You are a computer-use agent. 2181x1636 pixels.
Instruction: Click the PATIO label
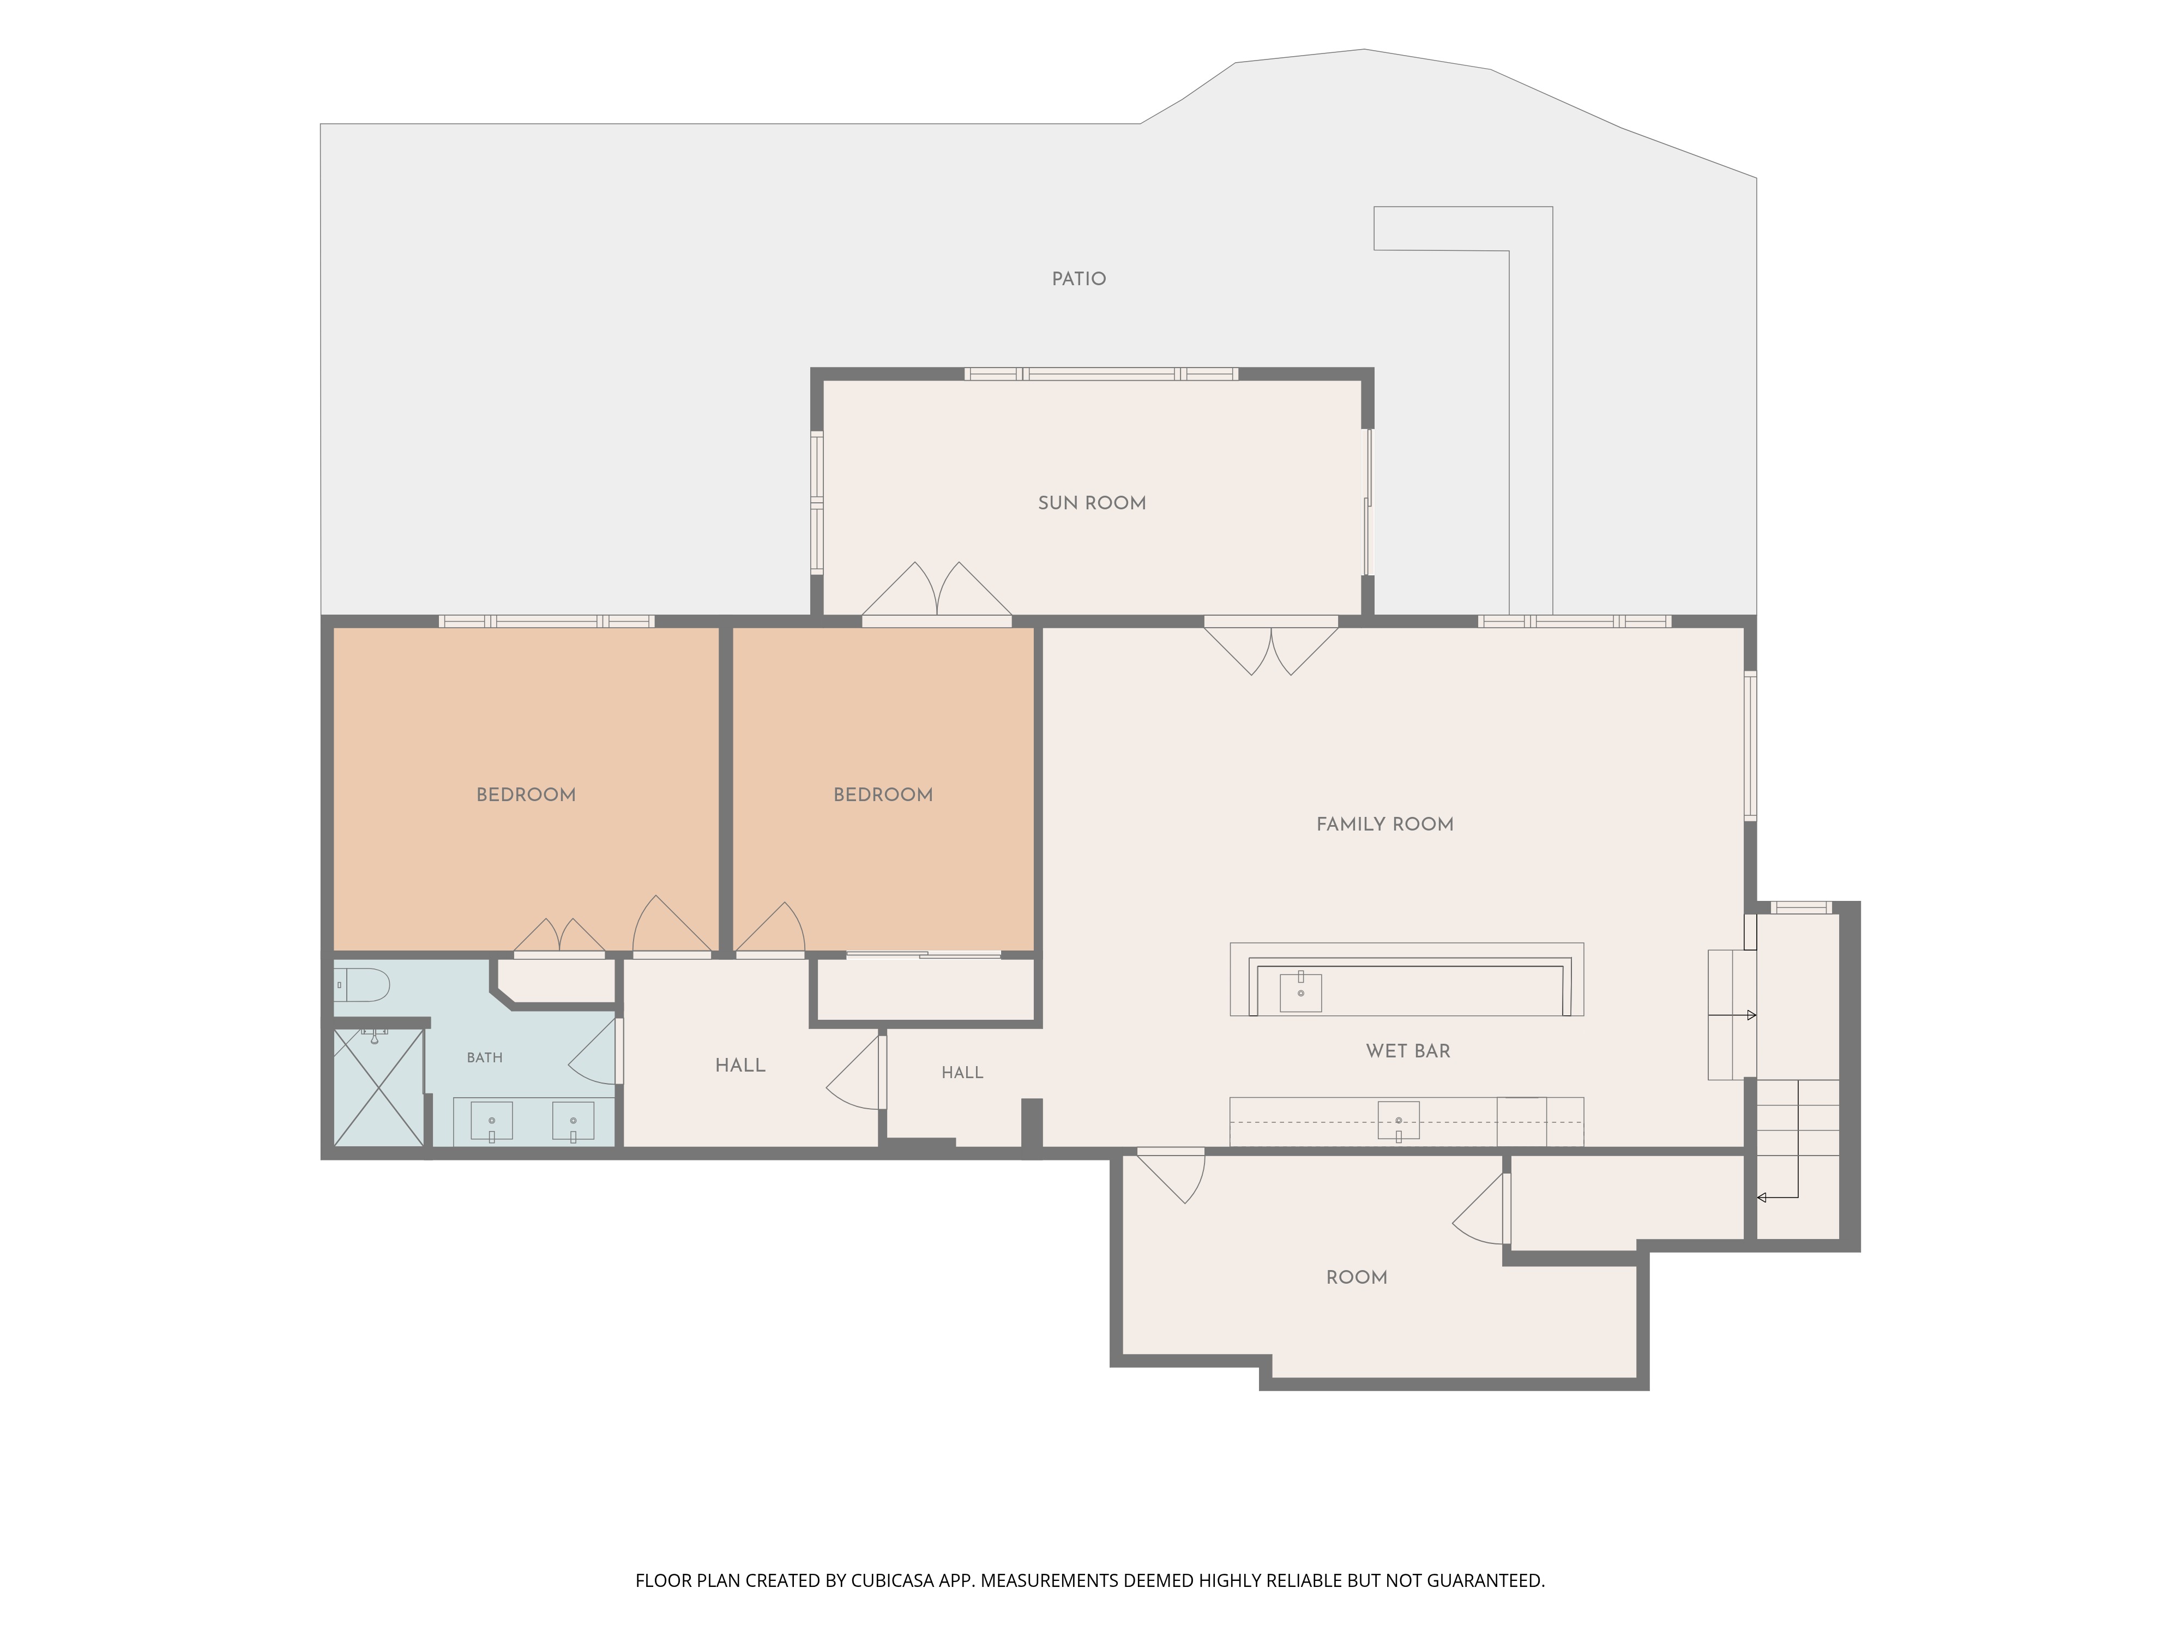point(1079,279)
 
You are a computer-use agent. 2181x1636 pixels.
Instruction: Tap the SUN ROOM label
point(1092,503)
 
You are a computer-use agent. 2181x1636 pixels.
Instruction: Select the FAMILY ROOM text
point(1384,825)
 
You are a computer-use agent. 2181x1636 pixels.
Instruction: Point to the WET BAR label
point(1408,1051)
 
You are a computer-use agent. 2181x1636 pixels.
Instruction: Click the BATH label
point(484,1058)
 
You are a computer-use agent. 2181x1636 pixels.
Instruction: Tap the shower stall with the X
point(378,1087)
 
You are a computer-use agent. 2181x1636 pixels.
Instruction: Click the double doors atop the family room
point(1271,647)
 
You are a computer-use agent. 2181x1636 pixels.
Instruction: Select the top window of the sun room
point(1100,374)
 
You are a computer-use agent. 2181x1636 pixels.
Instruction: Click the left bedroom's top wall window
point(546,621)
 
